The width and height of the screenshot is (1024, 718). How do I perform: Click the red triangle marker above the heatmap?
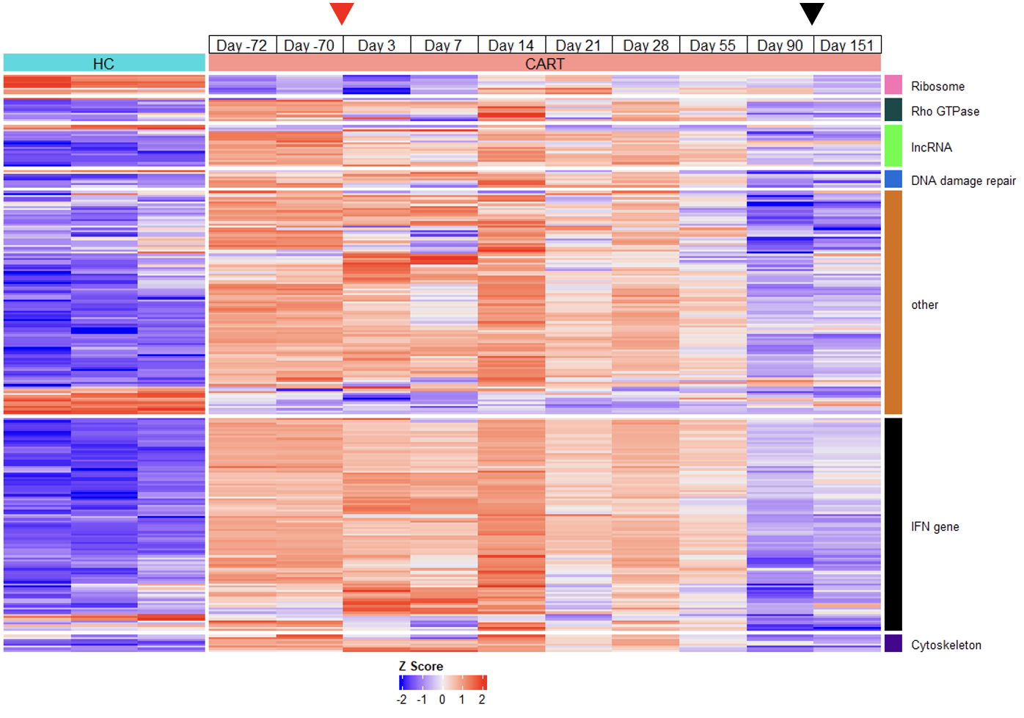[342, 12]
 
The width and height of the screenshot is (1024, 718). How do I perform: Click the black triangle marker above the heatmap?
[811, 12]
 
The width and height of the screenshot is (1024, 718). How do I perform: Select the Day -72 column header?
[242, 46]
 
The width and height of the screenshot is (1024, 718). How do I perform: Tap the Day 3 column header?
[376, 46]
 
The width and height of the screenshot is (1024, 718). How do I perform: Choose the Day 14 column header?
[511, 46]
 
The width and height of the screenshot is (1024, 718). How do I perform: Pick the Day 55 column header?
[712, 46]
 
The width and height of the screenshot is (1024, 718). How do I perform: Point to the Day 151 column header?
[847, 46]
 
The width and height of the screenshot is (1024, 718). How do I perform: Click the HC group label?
[103, 64]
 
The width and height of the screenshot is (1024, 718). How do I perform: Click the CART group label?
[544, 64]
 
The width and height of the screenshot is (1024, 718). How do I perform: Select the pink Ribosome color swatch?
[893, 84]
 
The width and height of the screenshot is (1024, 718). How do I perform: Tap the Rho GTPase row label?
[945, 112]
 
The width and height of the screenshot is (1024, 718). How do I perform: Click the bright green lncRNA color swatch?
[893, 145]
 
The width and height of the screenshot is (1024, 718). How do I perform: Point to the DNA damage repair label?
[963, 181]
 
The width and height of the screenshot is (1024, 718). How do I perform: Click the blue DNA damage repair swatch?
[893, 179]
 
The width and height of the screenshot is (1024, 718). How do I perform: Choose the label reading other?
[924, 305]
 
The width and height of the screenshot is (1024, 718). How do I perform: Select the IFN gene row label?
[935, 526]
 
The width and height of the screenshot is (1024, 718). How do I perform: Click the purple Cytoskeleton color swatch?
[893, 643]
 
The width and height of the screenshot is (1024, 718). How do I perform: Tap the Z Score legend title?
[421, 666]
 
